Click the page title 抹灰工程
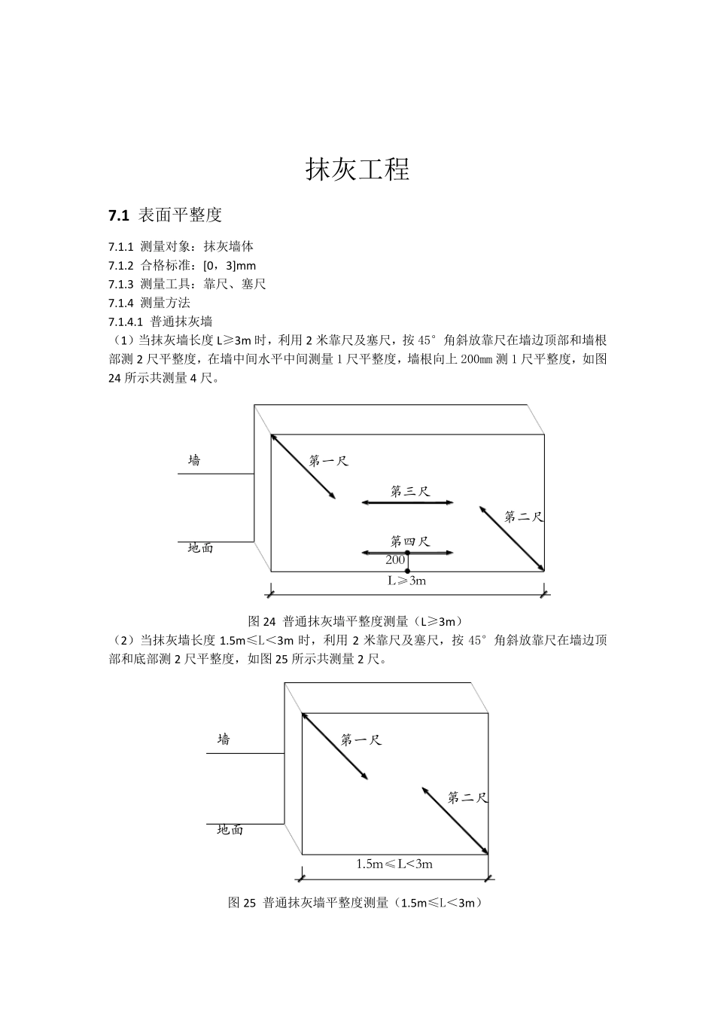357,169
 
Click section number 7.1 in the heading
119,215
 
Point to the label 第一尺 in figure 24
329,460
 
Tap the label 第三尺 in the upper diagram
410,491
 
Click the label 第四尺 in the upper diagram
410,541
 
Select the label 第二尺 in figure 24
524,517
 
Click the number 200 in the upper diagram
395,559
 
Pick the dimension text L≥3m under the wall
407,581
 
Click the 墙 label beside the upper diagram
194,460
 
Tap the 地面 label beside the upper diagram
200,548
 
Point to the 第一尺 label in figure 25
361,739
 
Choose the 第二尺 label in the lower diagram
467,797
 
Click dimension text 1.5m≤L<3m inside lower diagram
394,864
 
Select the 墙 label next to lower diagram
224,739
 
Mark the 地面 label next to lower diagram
230,830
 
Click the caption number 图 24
263,622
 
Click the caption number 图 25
242,903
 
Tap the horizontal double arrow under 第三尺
407,502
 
